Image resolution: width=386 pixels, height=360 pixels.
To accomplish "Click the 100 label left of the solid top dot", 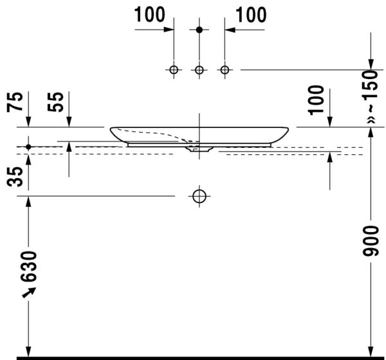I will pos(150,14).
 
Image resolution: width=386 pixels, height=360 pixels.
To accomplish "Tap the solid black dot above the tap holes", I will pos(199,30).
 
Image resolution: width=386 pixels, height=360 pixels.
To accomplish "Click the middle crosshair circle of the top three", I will pos(199,69).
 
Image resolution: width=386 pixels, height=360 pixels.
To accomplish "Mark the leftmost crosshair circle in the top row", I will pos(174,69).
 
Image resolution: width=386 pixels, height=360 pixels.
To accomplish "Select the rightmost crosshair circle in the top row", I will pos(225,69).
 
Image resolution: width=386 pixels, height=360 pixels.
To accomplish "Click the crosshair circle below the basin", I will pos(199,195).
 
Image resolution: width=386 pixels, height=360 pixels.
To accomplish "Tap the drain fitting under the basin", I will pos(199,149).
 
